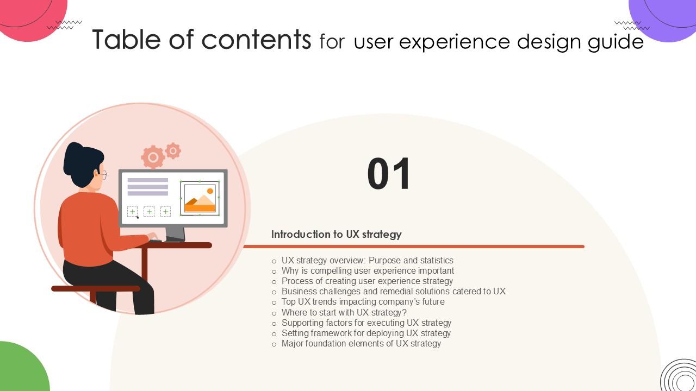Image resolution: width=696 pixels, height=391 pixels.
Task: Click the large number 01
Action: (389, 174)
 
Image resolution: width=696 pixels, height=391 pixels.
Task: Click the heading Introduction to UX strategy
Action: (336, 235)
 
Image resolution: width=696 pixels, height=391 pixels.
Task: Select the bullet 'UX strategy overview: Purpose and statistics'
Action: (367, 261)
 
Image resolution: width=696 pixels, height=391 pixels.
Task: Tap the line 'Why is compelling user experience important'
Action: (368, 271)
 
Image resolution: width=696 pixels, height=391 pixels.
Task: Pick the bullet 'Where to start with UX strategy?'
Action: (344, 313)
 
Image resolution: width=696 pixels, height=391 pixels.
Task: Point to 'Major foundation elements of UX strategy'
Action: (361, 344)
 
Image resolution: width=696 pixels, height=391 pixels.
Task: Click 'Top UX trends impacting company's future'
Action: (363, 302)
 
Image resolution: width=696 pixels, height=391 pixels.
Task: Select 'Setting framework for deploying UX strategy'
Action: (366, 333)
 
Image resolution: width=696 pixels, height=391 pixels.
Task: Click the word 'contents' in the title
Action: (256, 40)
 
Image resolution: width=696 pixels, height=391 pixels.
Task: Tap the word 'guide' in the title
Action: (616, 42)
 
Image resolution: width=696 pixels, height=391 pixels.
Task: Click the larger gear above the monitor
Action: (153, 157)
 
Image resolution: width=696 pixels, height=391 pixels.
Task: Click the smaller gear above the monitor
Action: (173, 150)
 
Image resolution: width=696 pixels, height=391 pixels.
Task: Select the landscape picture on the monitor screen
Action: (200, 199)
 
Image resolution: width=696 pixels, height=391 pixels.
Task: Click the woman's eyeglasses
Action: (103, 174)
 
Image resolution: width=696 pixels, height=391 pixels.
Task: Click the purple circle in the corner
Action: (666, 16)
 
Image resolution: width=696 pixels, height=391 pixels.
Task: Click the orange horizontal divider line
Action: (413, 247)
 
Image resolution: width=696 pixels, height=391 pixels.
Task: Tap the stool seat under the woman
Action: (95, 288)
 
